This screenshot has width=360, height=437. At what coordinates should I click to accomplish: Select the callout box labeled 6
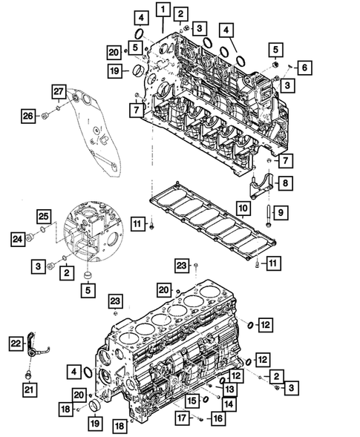pos(304,68)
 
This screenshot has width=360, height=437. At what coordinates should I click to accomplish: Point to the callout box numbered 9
pos(279,213)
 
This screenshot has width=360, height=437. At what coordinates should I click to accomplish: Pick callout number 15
pos(192,401)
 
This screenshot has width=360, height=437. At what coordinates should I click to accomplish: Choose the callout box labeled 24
pos(17,238)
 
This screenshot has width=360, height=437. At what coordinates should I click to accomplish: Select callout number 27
pos(59,91)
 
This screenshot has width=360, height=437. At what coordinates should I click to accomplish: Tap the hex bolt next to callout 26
pos(46,115)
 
